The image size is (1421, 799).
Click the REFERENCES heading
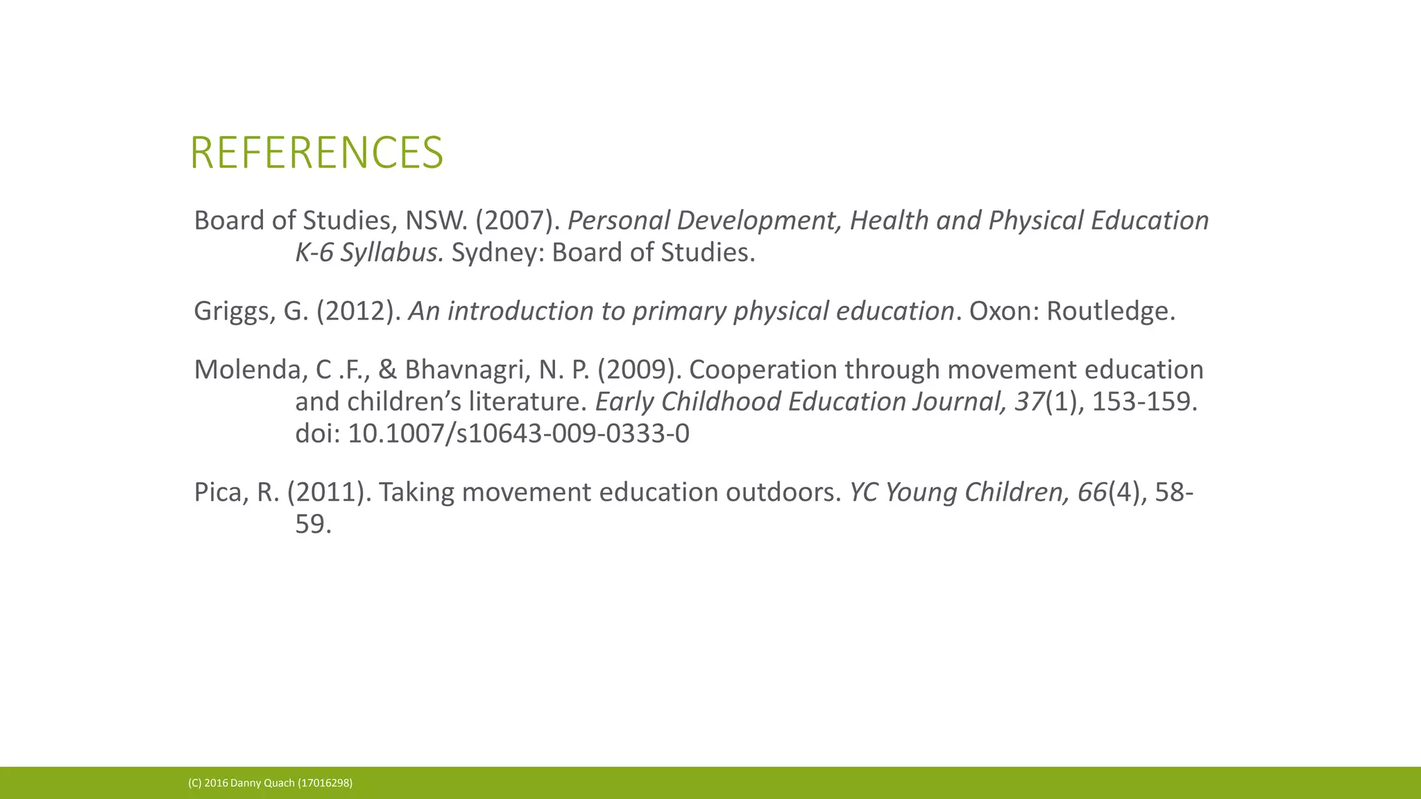point(316,153)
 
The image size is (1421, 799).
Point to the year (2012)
point(358,311)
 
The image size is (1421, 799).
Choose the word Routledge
point(1110,311)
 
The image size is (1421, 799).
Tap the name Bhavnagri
point(467,370)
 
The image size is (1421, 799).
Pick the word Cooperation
point(763,370)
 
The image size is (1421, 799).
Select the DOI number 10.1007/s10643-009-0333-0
point(518,433)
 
